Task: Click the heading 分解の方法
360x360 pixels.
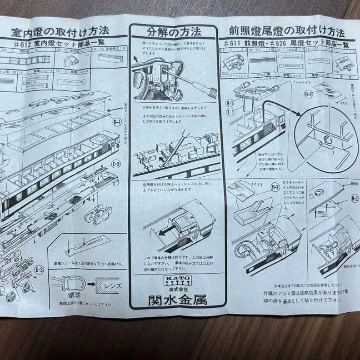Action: click(174, 32)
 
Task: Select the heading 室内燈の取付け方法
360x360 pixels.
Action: click(60, 32)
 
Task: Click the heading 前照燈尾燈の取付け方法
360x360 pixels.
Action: click(286, 31)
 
